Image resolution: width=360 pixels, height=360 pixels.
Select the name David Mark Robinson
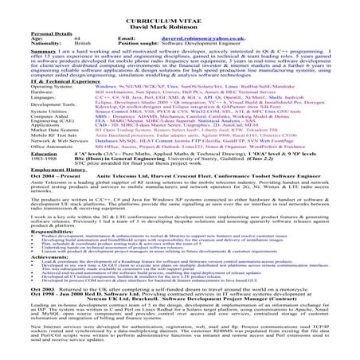[179, 13]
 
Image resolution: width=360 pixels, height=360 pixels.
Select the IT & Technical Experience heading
[49, 81]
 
